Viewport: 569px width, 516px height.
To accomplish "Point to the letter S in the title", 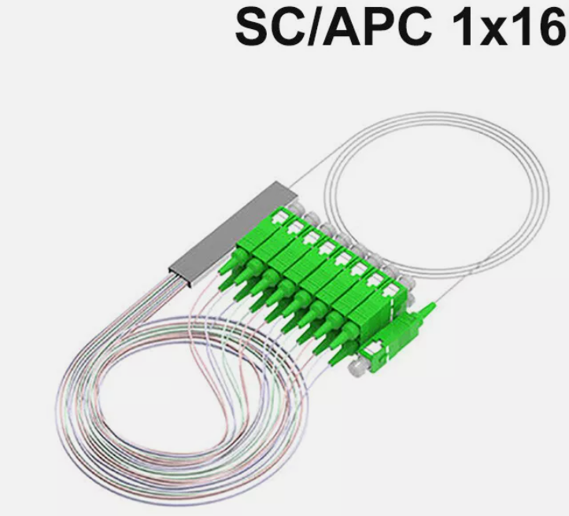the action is tap(253, 28).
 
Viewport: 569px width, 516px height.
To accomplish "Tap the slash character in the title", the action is tap(316, 28).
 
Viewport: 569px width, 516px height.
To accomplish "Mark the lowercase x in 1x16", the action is tap(497, 32).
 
